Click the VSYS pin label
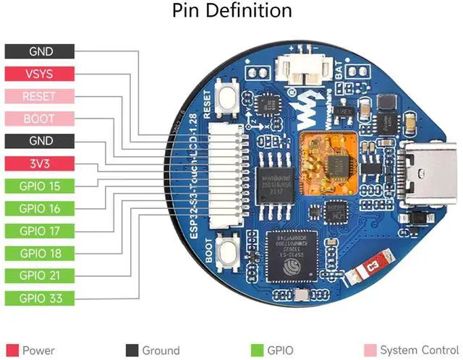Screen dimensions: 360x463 pyautogui.click(x=39, y=74)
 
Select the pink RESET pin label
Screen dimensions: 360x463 pyautogui.click(x=39, y=96)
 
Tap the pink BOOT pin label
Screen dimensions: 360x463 pyautogui.click(x=39, y=119)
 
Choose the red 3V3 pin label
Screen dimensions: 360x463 pyautogui.click(x=39, y=163)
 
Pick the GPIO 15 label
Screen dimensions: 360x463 pyautogui.click(x=39, y=186)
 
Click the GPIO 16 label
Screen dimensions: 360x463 pyautogui.click(x=39, y=208)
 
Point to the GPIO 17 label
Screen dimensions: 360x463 pyautogui.click(x=39, y=231)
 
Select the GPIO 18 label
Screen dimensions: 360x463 pyautogui.click(x=39, y=253)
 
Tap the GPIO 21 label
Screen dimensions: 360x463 pyautogui.click(x=39, y=275)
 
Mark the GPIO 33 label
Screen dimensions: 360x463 pyautogui.click(x=39, y=298)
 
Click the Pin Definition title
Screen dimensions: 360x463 pyautogui.click(x=231, y=12)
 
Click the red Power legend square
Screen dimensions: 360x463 pyautogui.click(x=11, y=351)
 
